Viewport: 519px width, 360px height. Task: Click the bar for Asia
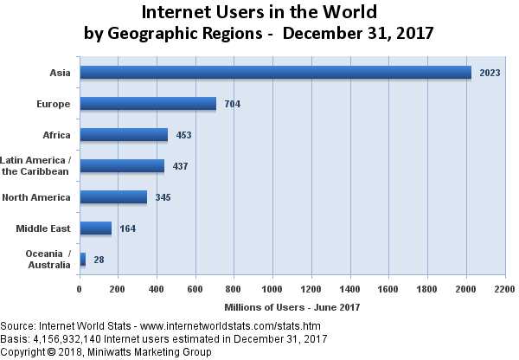275,73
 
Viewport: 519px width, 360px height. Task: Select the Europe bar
148,104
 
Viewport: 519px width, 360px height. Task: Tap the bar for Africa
124,135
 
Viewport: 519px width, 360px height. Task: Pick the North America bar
113,197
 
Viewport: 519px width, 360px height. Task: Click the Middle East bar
96,228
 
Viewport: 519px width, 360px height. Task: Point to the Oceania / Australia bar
83,260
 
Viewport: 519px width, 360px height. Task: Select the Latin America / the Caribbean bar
122,166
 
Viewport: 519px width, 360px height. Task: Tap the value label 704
232,104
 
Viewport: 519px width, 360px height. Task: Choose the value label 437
180,166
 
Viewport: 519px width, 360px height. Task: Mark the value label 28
99,260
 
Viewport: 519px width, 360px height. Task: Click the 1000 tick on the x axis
273,290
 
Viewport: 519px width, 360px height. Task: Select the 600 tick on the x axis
195,290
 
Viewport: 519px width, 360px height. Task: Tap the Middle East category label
43,228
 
